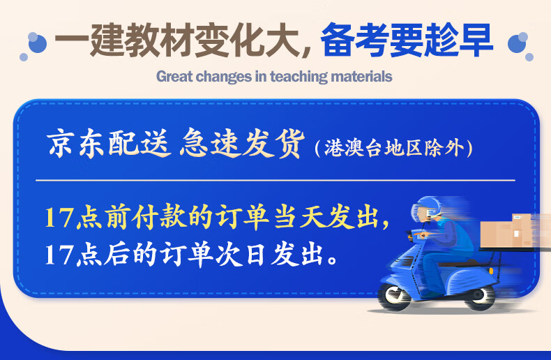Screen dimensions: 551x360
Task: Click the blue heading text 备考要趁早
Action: [407, 40]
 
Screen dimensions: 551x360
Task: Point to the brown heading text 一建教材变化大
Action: [176, 40]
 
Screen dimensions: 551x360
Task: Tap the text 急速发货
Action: [242, 143]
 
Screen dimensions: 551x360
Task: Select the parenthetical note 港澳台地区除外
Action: [394, 148]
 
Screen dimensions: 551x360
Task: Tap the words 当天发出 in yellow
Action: [328, 217]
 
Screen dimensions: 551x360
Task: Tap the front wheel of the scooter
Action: [394, 297]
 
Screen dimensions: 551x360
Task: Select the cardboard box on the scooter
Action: [506, 231]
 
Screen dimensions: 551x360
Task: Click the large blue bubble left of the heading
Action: [37, 43]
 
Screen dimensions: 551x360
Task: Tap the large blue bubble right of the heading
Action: [518, 43]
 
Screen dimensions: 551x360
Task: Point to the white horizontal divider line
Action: [275, 181]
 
